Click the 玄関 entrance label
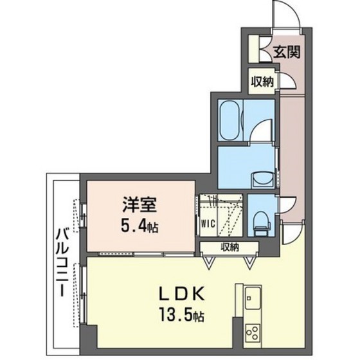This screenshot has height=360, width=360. click(x=287, y=53)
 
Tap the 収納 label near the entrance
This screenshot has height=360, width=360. click(x=262, y=81)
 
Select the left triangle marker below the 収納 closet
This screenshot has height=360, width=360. click(x=209, y=261)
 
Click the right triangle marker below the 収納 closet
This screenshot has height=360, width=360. click(x=251, y=261)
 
